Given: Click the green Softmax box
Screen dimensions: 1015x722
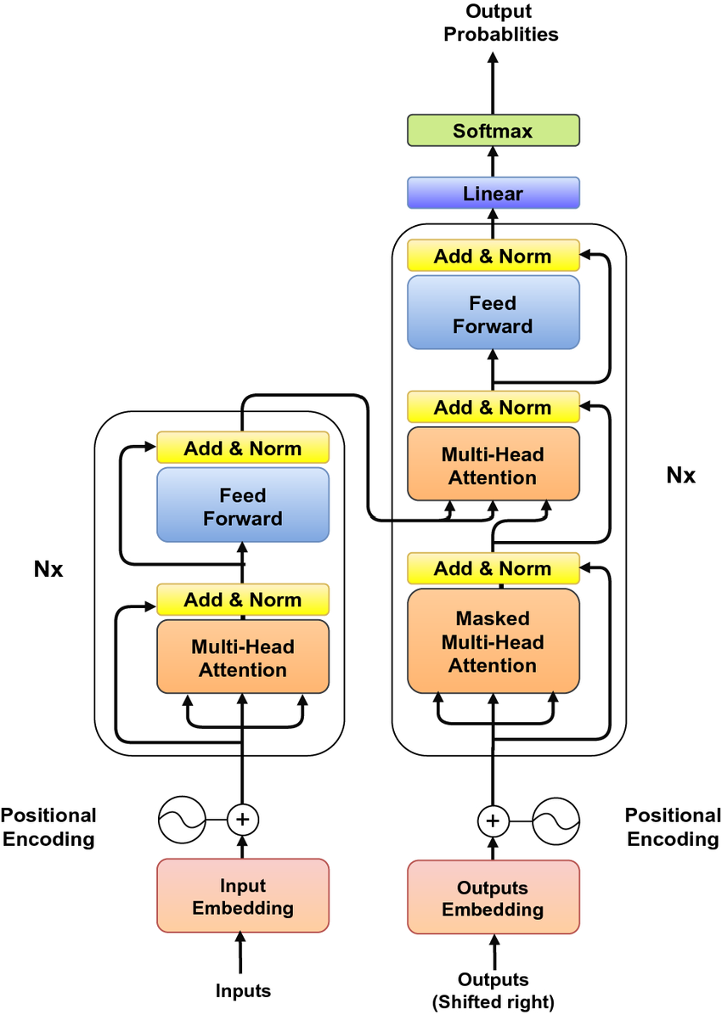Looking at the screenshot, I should pos(493,131).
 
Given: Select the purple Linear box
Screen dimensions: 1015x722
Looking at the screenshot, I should pos(493,193).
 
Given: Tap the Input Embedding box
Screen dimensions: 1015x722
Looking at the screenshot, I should pos(243,896).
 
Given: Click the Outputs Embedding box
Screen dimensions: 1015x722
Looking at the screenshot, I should pos(493,898).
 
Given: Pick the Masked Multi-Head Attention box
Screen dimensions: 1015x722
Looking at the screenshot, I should pos(493,641).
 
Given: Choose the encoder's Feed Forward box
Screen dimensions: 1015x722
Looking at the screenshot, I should pos(243,505).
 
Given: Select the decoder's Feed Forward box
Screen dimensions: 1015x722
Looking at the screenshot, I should pos(493,313).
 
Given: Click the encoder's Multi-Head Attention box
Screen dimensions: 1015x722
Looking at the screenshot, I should pos(243,657).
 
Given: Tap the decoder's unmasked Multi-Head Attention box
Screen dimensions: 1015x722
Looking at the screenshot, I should pos(493,465).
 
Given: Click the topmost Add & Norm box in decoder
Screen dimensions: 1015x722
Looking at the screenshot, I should pos(493,256).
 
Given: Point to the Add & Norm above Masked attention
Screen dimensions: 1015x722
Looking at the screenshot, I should pos(493,568).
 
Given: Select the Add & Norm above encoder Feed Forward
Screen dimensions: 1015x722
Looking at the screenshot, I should pos(243,448).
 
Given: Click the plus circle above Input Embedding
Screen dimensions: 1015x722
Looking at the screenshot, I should pos(243,820).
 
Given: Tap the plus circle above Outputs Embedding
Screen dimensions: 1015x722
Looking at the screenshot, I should pos(493,820).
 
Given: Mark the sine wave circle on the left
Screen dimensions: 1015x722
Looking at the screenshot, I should pos(183,820).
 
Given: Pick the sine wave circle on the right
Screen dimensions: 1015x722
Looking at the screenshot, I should pos(556,820).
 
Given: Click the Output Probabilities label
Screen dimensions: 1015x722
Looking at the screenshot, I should pos(500,23).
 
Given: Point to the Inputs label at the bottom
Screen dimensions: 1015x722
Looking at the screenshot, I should pos(243,990).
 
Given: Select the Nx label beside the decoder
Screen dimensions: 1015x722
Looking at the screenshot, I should pos(680,476).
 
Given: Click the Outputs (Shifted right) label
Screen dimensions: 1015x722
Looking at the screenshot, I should pos(493,990).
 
